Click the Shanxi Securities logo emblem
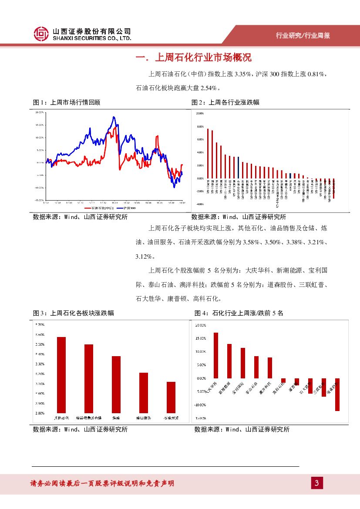pos(41,33)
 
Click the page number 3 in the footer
pos(317,483)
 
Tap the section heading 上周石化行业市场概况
pos(194,58)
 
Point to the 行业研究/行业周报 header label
pos(303,36)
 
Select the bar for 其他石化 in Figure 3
pos(61,374)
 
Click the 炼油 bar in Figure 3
pos(116,384)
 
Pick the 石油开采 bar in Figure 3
pos(171,397)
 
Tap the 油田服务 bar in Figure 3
pos(144,392)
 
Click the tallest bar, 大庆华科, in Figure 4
pos(216,355)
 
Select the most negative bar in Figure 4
pos(337,394)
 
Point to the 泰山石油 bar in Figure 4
pos(256,367)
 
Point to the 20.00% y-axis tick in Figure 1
pos(40,112)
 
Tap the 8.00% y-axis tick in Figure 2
pos(200,127)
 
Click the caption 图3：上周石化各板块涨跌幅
pos(74,313)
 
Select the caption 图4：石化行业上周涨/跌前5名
pos(239,313)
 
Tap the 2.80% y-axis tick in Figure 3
pos(40,413)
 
